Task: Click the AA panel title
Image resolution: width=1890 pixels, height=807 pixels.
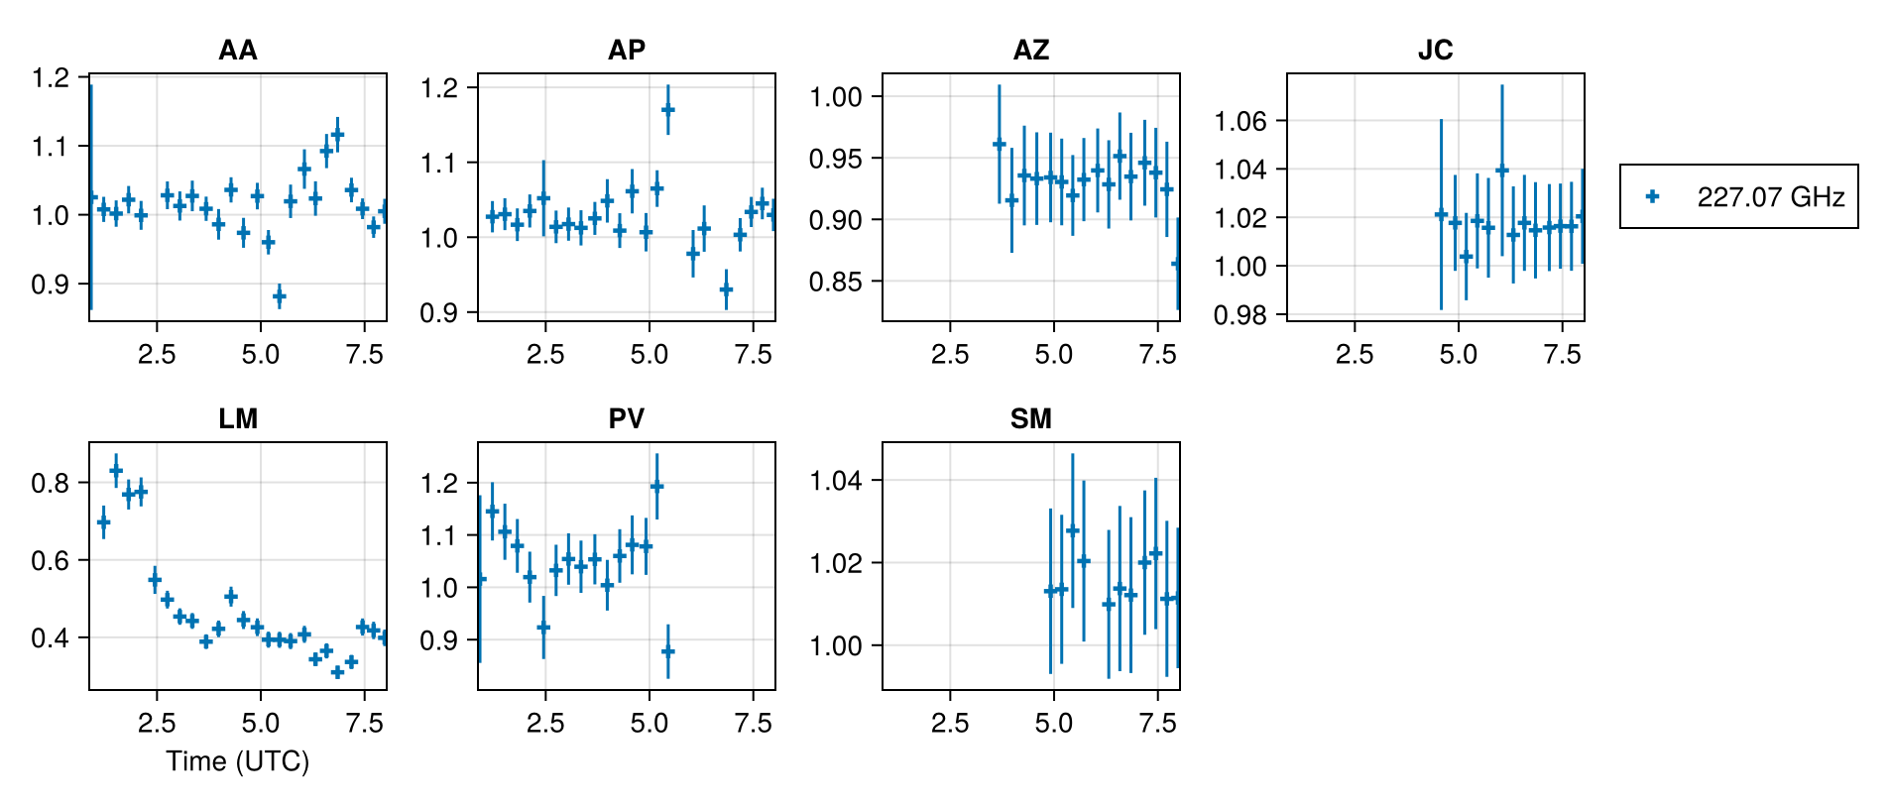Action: click(237, 51)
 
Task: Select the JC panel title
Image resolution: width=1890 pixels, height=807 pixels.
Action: click(1435, 51)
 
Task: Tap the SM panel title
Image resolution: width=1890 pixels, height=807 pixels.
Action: click(1030, 419)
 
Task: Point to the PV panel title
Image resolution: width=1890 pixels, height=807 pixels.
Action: click(626, 419)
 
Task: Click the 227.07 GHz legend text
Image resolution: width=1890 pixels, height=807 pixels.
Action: click(1770, 197)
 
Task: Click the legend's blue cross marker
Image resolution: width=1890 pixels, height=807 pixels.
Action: click(1652, 196)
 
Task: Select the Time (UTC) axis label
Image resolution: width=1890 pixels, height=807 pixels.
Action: click(237, 761)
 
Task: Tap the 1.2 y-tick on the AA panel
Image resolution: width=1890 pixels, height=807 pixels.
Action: click(51, 78)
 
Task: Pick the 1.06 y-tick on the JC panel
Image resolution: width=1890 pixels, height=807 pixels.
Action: click(1240, 121)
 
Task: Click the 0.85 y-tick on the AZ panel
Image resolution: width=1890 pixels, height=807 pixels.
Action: click(836, 282)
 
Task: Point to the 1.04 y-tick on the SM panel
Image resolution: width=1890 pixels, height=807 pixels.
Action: click(836, 481)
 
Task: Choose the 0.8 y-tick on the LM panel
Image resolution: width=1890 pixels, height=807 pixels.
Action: click(51, 483)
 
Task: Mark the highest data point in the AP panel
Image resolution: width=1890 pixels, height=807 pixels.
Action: click(668, 109)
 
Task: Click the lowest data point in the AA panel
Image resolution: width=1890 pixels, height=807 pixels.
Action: click(279, 295)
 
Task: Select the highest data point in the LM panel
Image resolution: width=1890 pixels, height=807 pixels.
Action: click(116, 471)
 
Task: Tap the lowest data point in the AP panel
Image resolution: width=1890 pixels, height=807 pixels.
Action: click(726, 290)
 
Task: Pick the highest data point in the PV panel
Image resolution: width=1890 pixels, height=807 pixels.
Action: click(656, 486)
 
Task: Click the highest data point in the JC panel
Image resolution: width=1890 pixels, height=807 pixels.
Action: click(1501, 171)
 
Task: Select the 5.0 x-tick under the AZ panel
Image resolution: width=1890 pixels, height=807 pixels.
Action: click(1053, 355)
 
